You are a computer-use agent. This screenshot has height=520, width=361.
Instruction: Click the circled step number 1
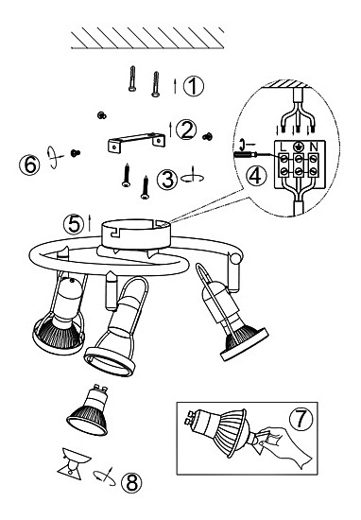[x=194, y=86]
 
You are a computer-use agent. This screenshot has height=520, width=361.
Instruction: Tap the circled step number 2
[x=186, y=130]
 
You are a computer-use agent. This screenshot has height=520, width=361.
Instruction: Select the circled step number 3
[x=167, y=180]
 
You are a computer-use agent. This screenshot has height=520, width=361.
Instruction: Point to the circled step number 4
[x=256, y=176]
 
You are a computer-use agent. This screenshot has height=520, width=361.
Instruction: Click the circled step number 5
[x=74, y=224]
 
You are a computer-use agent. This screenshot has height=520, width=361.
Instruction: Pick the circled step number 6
[x=30, y=165]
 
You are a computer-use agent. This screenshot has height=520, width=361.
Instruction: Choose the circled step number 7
[x=301, y=419]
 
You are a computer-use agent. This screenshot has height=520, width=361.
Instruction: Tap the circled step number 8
[x=132, y=482]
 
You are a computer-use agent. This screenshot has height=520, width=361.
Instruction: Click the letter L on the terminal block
[x=284, y=147]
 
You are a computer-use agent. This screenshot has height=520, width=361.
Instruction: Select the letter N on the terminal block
[x=313, y=147]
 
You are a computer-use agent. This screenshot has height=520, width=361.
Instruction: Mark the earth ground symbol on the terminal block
[x=299, y=147]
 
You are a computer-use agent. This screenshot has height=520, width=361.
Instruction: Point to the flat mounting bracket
[x=137, y=142]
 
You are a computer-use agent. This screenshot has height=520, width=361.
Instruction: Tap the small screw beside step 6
[x=76, y=153]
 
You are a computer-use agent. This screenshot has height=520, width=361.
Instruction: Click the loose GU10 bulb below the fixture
[x=88, y=410]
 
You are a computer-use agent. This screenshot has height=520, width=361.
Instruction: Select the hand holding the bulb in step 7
[x=284, y=445]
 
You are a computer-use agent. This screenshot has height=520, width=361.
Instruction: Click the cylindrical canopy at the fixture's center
[x=136, y=234]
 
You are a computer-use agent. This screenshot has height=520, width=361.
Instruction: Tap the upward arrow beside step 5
[x=89, y=223]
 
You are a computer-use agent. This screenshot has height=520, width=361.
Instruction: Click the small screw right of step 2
[x=208, y=136]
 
